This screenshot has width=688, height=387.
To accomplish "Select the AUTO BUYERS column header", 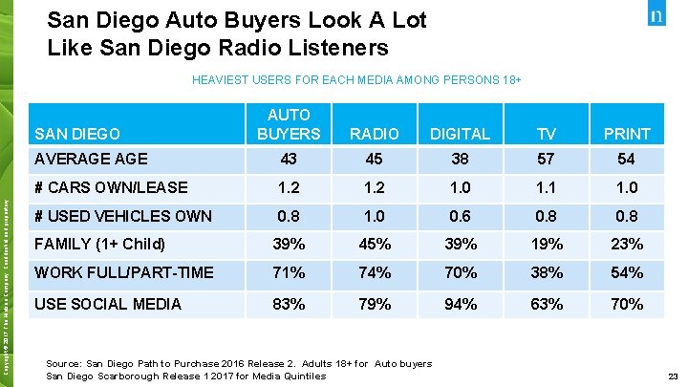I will [289, 123].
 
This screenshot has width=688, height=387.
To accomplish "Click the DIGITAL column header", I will [461, 134].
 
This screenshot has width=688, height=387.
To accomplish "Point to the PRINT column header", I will [627, 134].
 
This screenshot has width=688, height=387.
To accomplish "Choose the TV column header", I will [546, 134].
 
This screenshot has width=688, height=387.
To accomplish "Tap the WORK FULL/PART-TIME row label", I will [123, 273].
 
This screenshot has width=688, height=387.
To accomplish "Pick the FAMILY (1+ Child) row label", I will [100, 244].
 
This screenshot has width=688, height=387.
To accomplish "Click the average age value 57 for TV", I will [546, 160].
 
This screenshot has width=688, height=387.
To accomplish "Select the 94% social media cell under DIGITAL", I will [461, 305].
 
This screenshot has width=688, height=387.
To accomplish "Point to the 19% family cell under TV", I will [546, 245].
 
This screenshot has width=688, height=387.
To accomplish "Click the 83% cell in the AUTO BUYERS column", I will [289, 305].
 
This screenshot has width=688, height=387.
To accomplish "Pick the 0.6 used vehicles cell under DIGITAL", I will [461, 216].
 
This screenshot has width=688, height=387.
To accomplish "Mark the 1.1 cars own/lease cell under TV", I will [546, 188].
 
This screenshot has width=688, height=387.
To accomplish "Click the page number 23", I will [674, 376].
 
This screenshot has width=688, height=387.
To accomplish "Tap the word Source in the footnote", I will [65, 363].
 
